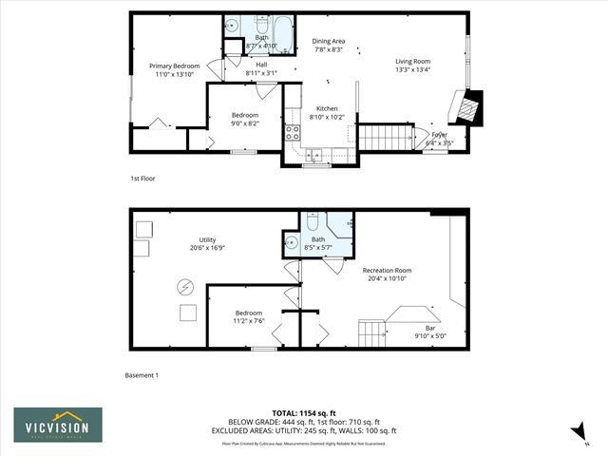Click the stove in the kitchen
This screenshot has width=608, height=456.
tap(293, 133)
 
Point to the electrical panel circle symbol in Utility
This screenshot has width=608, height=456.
tap(186, 286)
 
